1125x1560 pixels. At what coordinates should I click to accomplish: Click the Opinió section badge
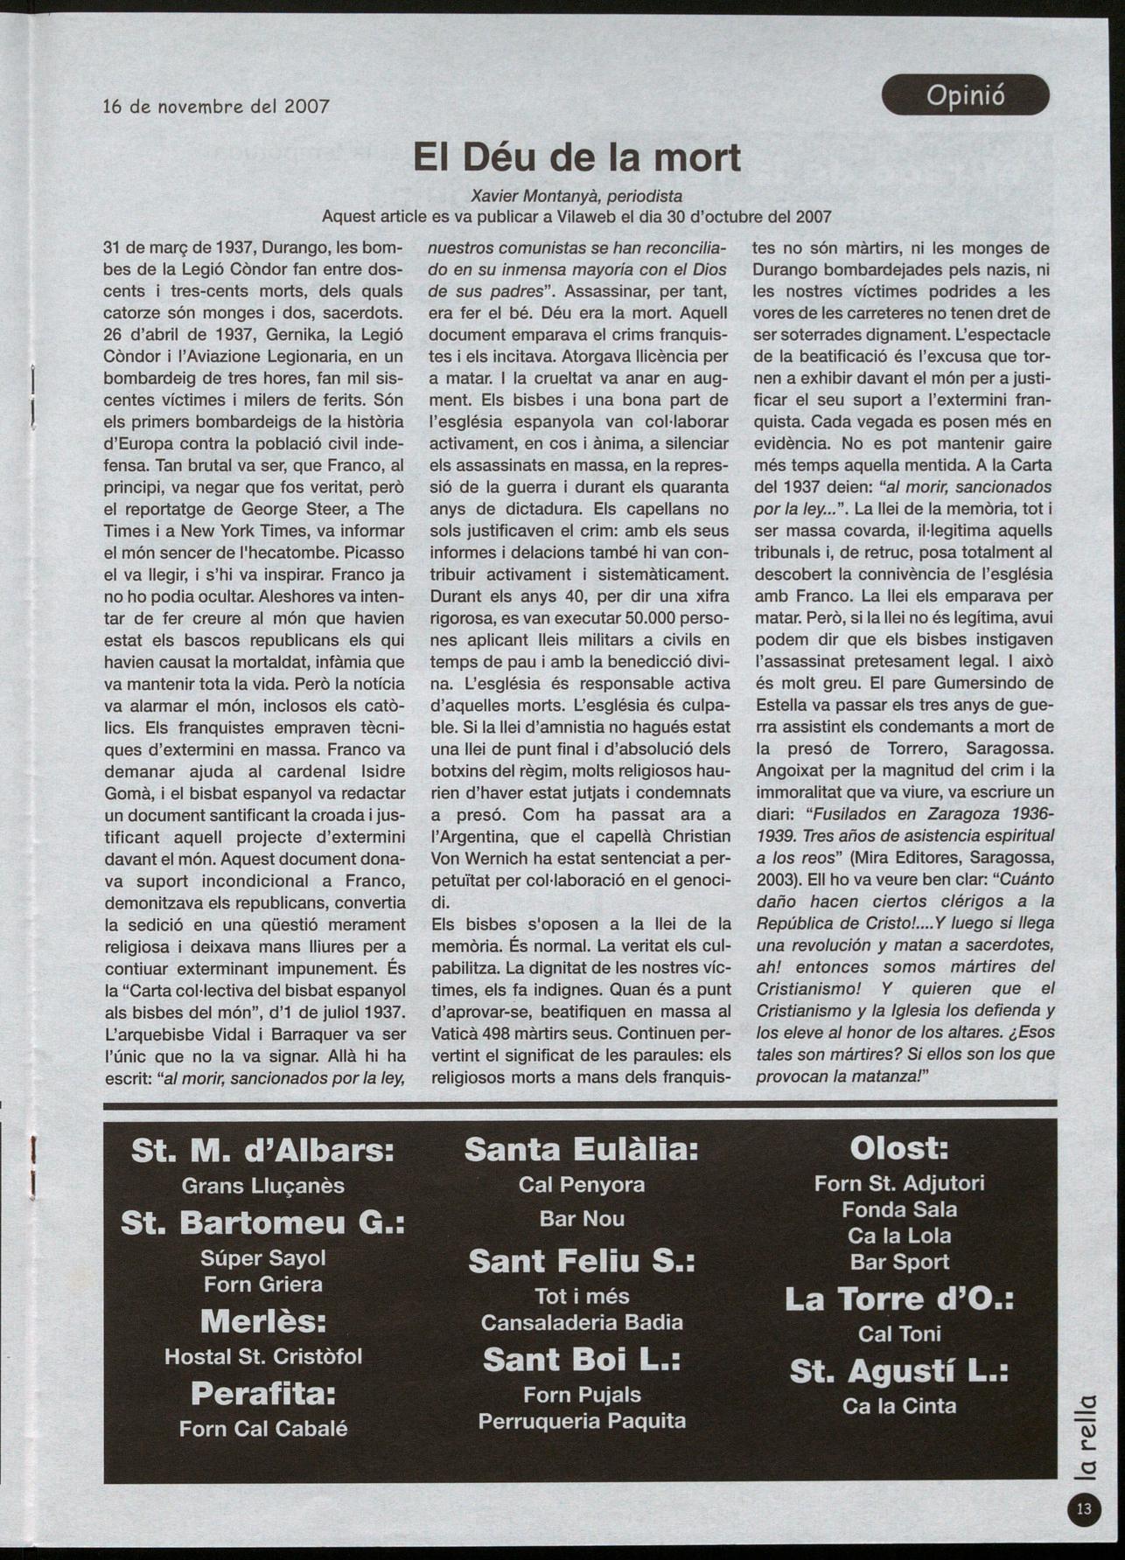965,94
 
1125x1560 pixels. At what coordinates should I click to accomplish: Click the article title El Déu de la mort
576,157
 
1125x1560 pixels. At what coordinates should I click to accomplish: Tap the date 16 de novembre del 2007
216,107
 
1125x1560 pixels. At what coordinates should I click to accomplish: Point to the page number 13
1084,1508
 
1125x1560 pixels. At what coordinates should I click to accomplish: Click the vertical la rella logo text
1085,1434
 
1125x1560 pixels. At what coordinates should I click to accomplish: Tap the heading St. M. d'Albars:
262,1151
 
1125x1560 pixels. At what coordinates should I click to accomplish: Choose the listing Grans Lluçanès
262,1186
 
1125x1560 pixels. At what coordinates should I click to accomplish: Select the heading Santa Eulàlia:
582,1149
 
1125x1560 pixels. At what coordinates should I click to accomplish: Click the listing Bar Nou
582,1218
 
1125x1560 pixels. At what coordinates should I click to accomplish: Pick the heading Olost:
899,1147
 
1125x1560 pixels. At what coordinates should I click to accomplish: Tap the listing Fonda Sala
899,1209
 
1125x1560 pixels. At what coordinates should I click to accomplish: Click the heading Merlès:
262,1320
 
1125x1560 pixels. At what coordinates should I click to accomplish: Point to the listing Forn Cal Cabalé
262,1428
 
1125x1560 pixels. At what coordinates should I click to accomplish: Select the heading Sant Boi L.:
582,1360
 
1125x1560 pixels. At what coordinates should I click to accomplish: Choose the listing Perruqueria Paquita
582,1421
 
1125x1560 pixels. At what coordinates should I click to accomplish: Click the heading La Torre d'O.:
899,1299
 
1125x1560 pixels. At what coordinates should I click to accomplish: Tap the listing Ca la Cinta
899,1406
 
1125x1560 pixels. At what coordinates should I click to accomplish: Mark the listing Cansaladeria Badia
582,1322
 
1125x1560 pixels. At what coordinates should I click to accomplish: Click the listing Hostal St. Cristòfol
262,1356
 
